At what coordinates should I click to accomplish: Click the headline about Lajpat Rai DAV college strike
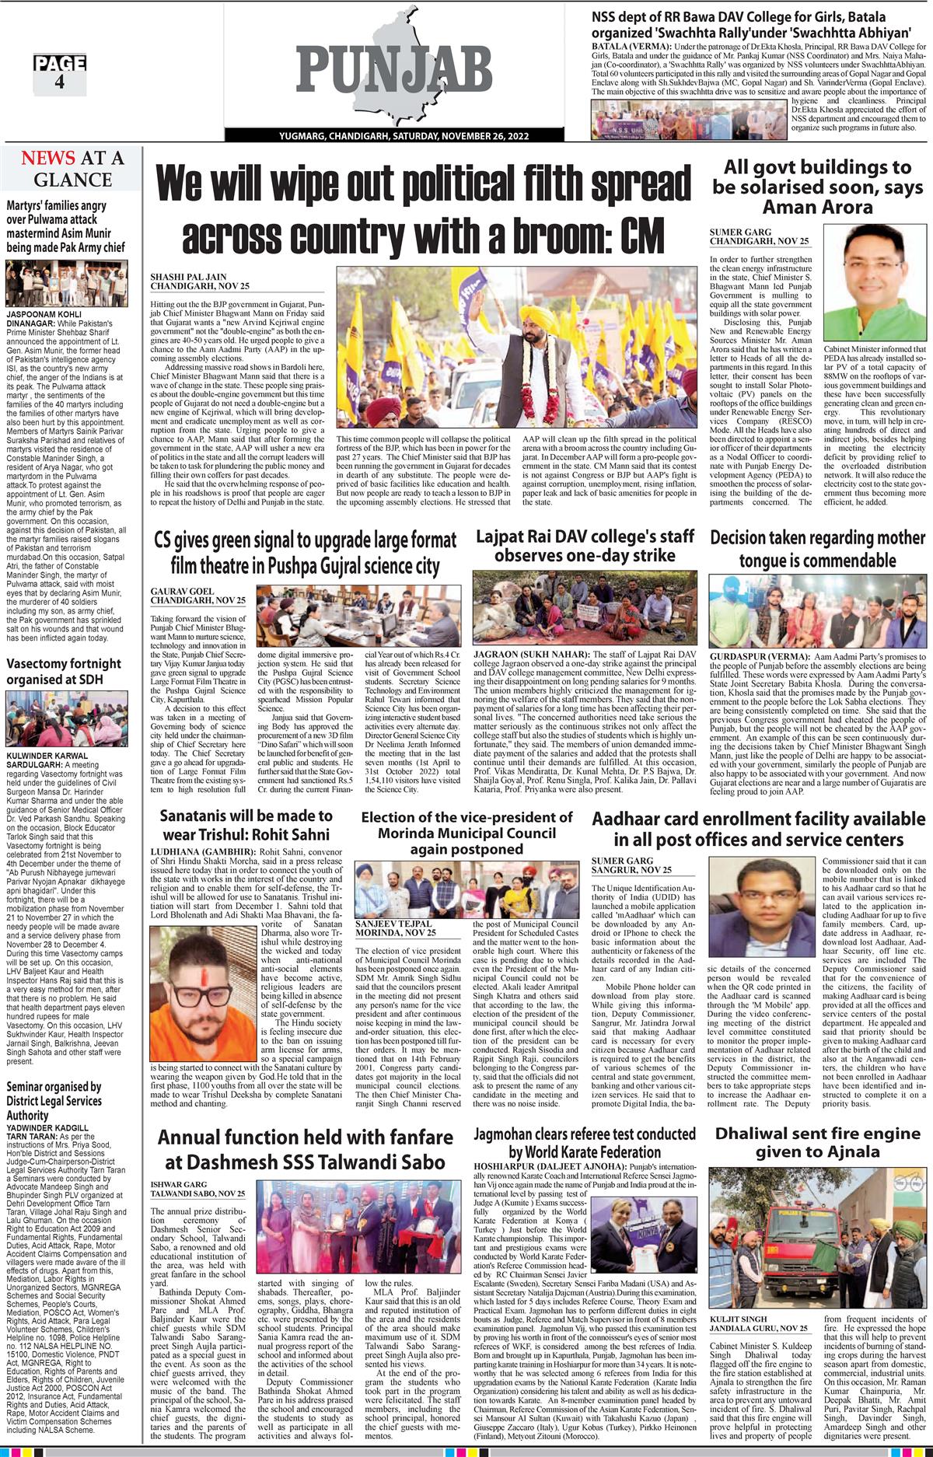tap(584, 547)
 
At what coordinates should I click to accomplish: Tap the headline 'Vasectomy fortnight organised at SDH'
tap(65, 671)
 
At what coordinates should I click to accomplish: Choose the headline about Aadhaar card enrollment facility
tap(758, 830)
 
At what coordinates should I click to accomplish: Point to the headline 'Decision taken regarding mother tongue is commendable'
tap(817, 548)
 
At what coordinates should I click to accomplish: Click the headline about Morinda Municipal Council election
tap(467, 833)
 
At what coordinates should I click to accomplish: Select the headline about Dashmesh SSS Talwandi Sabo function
tap(302, 1150)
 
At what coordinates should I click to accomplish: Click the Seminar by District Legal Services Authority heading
tap(54, 1101)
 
